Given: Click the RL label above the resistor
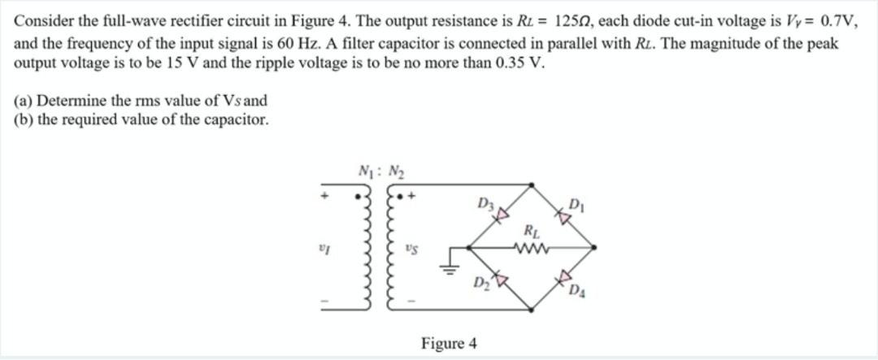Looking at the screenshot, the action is pyautogui.click(x=532, y=231).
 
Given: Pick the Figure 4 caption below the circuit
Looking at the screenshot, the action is pyautogui.click(x=449, y=344).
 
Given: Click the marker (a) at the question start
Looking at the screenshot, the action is pyautogui.click(x=23, y=102).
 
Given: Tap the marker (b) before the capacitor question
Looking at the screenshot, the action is pyautogui.click(x=24, y=120).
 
